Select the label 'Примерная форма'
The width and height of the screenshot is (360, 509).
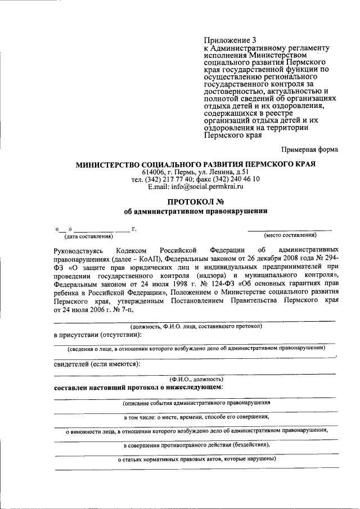pos(309,149)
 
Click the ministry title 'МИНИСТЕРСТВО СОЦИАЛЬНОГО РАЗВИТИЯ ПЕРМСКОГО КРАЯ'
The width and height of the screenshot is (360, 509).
pos(196,164)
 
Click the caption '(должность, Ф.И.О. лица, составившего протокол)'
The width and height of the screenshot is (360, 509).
pos(195,326)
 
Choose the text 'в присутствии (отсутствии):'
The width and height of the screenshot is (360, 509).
pos(97,335)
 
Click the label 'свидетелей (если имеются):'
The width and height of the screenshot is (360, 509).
pos(97,364)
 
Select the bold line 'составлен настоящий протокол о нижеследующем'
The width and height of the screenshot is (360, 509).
pos(138,388)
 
